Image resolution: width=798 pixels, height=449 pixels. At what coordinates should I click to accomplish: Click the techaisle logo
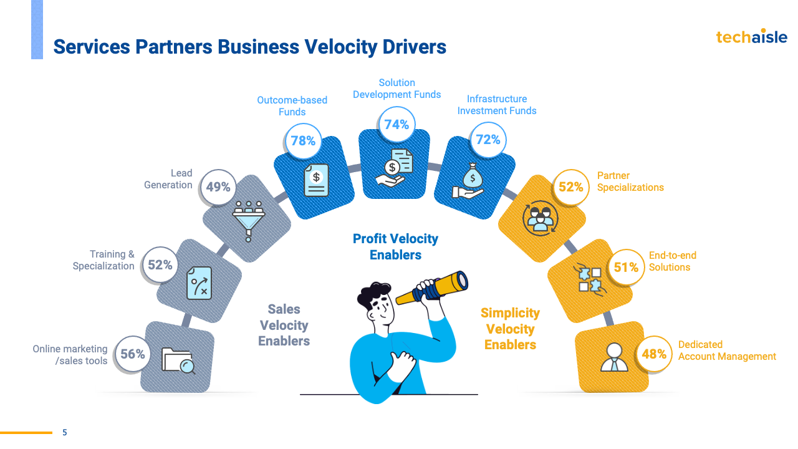point(751,37)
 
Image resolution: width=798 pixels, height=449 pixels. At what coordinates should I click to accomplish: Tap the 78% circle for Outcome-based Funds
point(303,141)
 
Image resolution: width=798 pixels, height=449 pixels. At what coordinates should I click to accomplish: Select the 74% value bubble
point(397,125)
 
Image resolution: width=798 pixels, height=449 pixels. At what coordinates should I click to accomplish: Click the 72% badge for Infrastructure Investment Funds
point(488,140)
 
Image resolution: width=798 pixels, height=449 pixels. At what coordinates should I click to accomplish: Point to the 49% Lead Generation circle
point(218,186)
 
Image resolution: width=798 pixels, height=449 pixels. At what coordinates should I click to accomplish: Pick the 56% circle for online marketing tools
point(133,354)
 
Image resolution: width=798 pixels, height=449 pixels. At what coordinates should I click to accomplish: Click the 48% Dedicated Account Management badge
point(654,354)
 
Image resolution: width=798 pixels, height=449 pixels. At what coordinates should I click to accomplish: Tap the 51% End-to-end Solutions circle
point(626,268)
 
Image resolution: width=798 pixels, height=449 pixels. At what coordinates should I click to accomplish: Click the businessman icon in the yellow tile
point(614,357)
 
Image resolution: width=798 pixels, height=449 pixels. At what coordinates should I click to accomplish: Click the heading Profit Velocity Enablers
point(395,246)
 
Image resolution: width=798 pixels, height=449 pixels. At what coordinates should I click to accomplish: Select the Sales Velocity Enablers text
point(284,325)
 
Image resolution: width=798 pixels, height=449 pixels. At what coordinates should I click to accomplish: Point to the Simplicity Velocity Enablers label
point(510,329)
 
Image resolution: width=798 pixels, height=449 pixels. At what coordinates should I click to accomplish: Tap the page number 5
point(64,432)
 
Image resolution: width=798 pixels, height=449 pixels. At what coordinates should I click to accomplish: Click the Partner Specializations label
point(630,181)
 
